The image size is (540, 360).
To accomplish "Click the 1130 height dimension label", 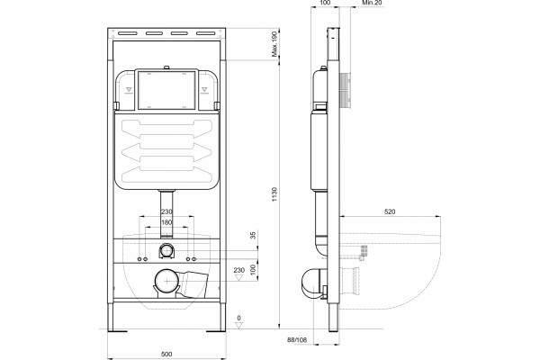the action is pos(274,194).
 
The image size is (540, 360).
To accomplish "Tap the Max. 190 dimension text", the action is pos(274,44).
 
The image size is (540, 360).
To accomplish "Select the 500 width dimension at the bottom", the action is pos(166,354).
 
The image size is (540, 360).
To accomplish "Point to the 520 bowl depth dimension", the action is pos(390,211).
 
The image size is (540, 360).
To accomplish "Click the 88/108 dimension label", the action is pos(297,340).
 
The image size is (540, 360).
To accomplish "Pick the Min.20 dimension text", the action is pos(372,3).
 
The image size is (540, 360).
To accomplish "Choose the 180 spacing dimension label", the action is pos(166,222).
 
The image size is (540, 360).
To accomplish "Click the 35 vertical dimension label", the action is pos(253,236).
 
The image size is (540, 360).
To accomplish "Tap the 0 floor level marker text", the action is pos(239,318).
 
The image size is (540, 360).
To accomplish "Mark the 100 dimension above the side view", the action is pos(325,3).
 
